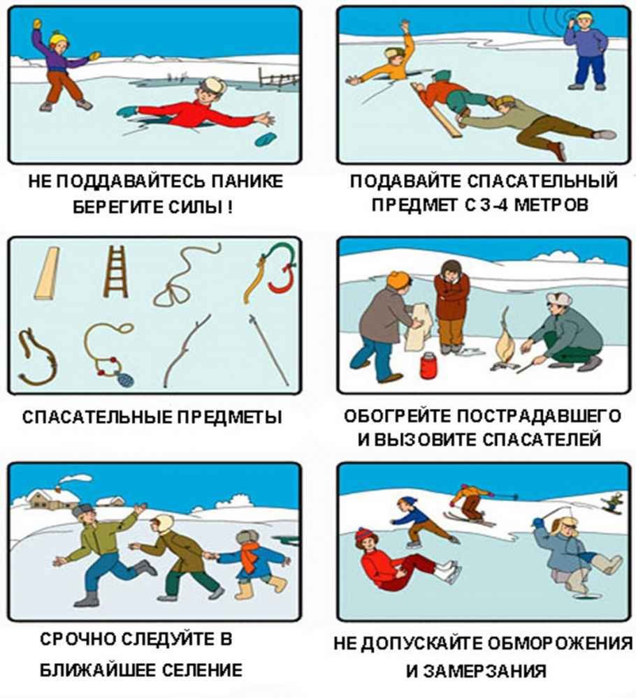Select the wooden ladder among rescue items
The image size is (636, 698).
115,272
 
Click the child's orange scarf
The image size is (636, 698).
250,558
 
